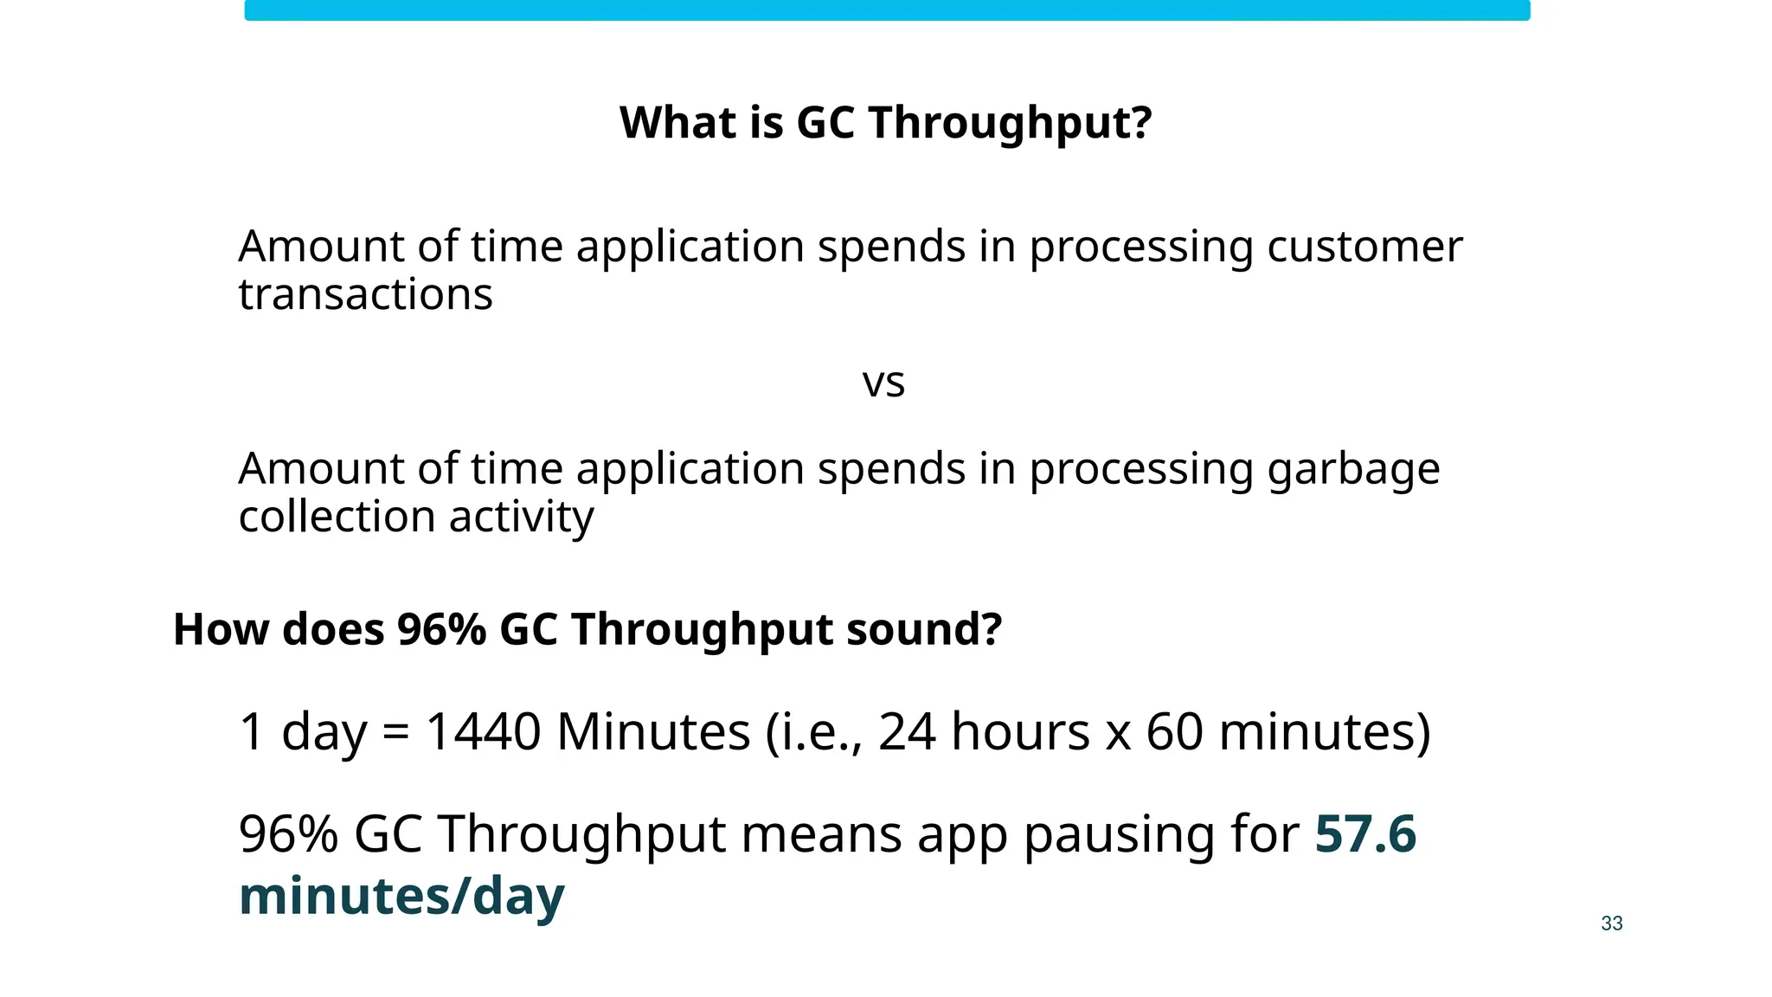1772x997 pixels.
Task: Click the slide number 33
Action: (x=1611, y=923)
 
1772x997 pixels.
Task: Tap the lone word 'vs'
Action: (x=883, y=383)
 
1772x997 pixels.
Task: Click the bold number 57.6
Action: (x=1364, y=834)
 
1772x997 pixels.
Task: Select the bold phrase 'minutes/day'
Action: (x=401, y=896)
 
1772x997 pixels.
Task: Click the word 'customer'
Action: (x=1364, y=247)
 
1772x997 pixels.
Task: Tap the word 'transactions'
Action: (x=365, y=295)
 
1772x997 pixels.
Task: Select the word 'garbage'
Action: (x=1353, y=470)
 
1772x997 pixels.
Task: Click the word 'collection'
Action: (x=337, y=517)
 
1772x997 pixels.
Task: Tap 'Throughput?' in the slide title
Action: (x=1010, y=124)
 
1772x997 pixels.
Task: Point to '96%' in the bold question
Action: (x=441, y=629)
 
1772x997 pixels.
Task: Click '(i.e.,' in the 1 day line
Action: (x=813, y=732)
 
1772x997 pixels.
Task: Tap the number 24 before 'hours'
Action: (x=907, y=731)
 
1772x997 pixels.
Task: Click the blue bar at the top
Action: (x=887, y=10)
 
